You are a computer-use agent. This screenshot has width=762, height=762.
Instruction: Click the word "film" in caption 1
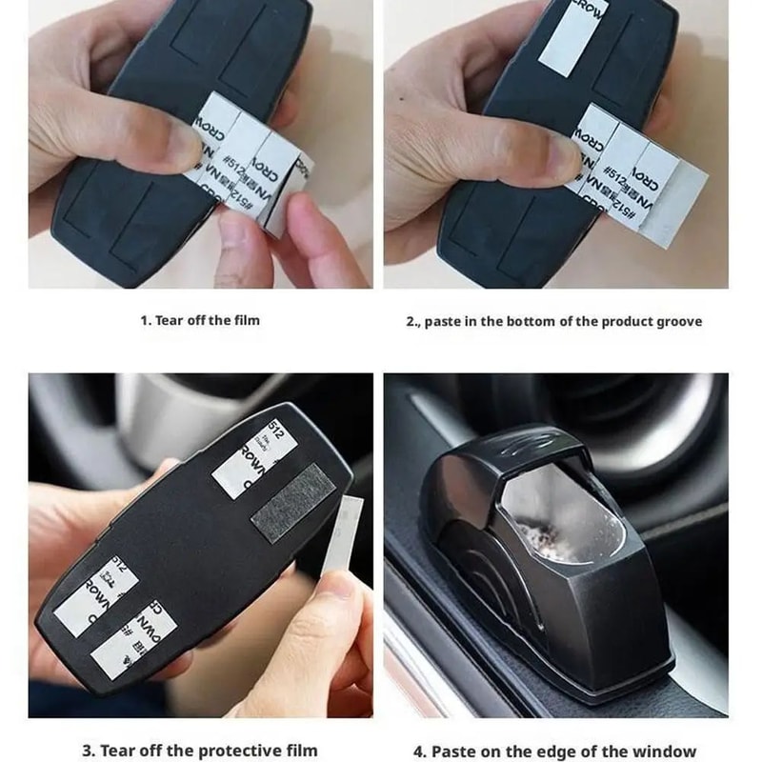(x=246, y=320)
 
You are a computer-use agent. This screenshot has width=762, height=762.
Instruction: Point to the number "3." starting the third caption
(x=89, y=751)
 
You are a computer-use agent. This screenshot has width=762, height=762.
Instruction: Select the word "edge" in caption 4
(x=591, y=751)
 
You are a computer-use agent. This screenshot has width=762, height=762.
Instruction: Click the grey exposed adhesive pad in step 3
(x=291, y=511)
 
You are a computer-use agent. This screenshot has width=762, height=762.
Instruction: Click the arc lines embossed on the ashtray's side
(x=495, y=581)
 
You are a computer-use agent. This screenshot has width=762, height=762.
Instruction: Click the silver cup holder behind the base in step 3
(x=162, y=419)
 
